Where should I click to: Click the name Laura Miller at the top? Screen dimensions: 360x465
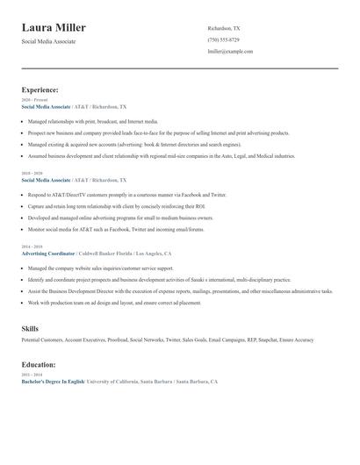pyautogui.click(x=54, y=28)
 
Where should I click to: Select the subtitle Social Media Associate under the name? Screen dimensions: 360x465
pyautogui.click(x=49, y=41)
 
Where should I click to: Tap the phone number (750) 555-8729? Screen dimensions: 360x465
pyautogui.click(x=223, y=39)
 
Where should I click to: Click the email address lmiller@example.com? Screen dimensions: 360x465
pyautogui.click(x=230, y=51)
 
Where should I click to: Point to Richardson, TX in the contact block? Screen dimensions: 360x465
pyautogui.click(x=223, y=28)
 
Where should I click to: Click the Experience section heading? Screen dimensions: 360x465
pyautogui.click(x=40, y=89)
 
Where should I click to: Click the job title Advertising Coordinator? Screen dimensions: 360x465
pyautogui.click(x=49, y=253)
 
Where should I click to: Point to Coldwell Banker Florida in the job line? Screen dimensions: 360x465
pyautogui.click(x=108, y=253)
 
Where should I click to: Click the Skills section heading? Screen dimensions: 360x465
pyautogui.click(x=30, y=328)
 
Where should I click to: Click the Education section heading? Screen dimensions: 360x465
pyautogui.click(x=39, y=364)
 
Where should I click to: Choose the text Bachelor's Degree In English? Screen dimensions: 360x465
pyautogui.click(x=54, y=383)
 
